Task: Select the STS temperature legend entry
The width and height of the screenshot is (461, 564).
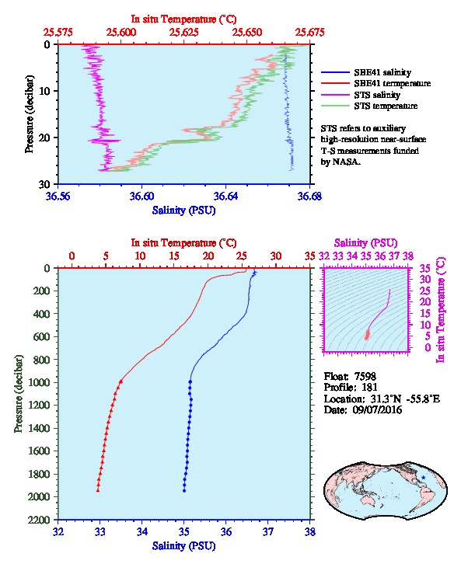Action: tap(369, 106)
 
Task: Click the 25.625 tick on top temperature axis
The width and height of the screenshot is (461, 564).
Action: tap(184, 32)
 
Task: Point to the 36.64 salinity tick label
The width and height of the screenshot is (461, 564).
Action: tap(225, 196)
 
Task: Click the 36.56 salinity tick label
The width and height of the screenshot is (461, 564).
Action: tap(58, 196)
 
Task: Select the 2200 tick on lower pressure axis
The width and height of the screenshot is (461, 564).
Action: tap(39, 520)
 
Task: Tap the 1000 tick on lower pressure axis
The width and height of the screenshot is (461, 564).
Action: tap(39, 382)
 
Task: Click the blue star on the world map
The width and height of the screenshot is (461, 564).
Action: tap(423, 477)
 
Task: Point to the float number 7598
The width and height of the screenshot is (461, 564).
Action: tap(365, 376)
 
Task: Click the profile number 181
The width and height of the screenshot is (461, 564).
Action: tap(369, 387)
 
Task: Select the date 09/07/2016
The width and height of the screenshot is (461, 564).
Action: tap(377, 409)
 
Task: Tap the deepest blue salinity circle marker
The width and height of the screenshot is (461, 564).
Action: tap(184, 490)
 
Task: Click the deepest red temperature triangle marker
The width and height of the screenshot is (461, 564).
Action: tap(97, 490)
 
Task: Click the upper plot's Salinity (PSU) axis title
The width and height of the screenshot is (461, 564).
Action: tap(184, 210)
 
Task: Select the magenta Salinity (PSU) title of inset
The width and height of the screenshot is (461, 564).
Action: tap(365, 243)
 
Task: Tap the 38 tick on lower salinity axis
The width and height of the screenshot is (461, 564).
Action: tap(310, 531)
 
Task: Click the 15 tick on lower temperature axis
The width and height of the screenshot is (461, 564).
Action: tap(174, 256)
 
